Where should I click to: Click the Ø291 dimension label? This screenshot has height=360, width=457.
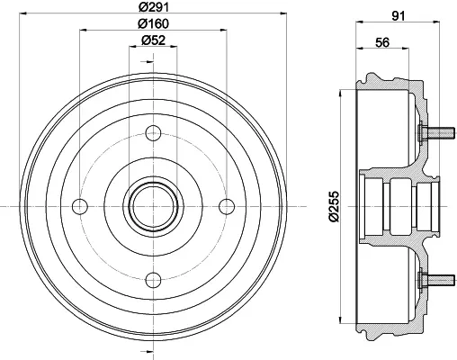click(x=154, y=7)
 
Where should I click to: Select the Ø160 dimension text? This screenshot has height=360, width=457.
click(x=153, y=24)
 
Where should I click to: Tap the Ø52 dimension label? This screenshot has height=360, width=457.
click(x=153, y=40)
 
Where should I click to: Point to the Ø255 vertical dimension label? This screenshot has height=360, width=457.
click(x=334, y=206)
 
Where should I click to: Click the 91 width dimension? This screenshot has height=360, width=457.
click(x=399, y=16)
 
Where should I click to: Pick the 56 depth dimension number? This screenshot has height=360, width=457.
click(x=382, y=42)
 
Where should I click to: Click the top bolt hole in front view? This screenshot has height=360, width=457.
click(x=153, y=133)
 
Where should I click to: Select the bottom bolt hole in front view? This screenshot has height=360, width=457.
click(x=153, y=280)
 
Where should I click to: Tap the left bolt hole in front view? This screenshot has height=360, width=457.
click(x=80, y=206)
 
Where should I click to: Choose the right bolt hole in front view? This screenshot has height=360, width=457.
click(x=227, y=206)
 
